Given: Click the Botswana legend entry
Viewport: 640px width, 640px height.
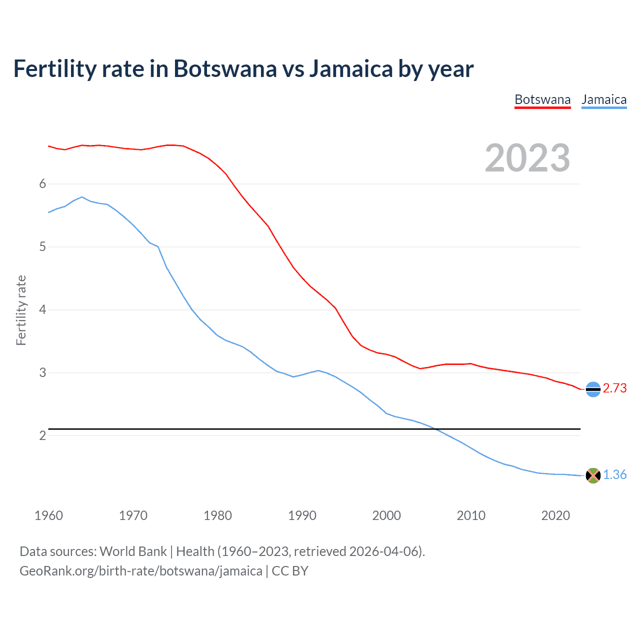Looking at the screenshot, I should (x=542, y=99).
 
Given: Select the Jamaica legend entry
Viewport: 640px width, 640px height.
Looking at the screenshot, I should (x=604, y=99).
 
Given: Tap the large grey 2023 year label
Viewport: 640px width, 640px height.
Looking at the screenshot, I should (x=527, y=158).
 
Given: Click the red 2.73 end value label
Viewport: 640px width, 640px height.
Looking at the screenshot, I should (x=614, y=388).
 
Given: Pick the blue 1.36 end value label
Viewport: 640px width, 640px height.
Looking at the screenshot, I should (x=614, y=475).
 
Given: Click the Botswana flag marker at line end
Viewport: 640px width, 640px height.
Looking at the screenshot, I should (x=593, y=389).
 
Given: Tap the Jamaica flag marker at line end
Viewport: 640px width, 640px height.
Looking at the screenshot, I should (x=593, y=475).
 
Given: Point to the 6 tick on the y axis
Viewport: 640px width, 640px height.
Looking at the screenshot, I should (x=42, y=184).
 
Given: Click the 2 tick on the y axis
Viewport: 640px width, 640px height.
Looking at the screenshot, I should (x=42, y=435).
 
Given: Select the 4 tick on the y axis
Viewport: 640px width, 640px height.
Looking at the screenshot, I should (x=42, y=310).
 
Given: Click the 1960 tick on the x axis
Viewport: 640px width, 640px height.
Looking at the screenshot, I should (x=48, y=515).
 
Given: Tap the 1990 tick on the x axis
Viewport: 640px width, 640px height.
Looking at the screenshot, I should (x=302, y=515).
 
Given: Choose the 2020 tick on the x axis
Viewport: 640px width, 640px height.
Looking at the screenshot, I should (x=555, y=515).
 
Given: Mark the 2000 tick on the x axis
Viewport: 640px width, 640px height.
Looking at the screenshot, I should (x=386, y=515).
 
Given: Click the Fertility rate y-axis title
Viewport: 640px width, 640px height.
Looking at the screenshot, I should (x=21, y=310).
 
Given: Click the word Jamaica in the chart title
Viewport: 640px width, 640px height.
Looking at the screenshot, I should (x=350, y=69).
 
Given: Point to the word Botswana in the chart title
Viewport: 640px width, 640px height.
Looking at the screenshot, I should (x=224, y=69).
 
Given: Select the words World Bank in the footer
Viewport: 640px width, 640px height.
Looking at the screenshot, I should (x=133, y=551).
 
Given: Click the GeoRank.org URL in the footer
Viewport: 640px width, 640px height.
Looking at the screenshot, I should (x=140, y=571).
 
